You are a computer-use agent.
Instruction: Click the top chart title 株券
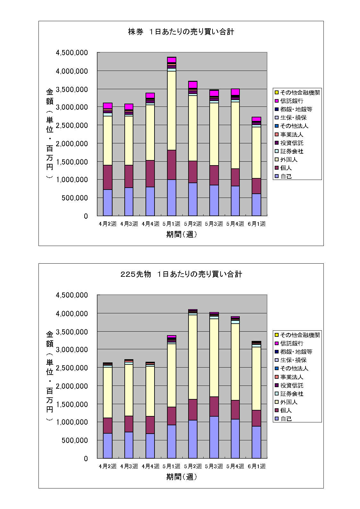pyautogui.click(x=136, y=32)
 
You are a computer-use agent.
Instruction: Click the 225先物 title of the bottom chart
pyautogui.click(x=136, y=274)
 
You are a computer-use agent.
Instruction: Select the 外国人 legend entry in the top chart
pyautogui.click(x=289, y=159)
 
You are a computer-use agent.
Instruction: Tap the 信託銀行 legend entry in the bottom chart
pyautogui.click(x=292, y=343)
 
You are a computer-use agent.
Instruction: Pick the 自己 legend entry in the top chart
pyautogui.click(x=286, y=176)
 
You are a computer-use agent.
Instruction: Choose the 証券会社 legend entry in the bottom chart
pyautogui.click(x=292, y=394)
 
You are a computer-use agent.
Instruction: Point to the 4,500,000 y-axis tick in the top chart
pyautogui.click(x=72, y=53)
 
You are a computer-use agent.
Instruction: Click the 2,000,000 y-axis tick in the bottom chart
pyautogui.click(x=72, y=386)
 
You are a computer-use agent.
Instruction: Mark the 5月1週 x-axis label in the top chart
pyautogui.click(x=172, y=224)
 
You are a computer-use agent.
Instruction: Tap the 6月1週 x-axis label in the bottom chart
pyautogui.click(x=256, y=466)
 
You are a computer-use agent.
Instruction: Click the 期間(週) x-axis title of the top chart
pyautogui.click(x=181, y=234)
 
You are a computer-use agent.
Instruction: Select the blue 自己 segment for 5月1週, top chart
pyautogui.click(x=172, y=198)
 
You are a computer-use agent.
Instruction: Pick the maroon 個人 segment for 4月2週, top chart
pyautogui.click(x=108, y=177)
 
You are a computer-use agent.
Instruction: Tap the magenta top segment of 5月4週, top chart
pyautogui.click(x=235, y=92)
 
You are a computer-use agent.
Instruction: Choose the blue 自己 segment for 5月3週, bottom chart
pyautogui.click(x=214, y=437)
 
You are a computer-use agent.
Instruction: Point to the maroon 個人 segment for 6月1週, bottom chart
pyautogui.click(x=256, y=418)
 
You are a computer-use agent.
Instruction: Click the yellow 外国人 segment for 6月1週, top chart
pyautogui.click(x=256, y=152)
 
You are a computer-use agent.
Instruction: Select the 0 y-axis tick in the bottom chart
pyautogui.click(x=86, y=459)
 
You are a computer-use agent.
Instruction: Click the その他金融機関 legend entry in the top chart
pyautogui.click(x=300, y=92)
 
